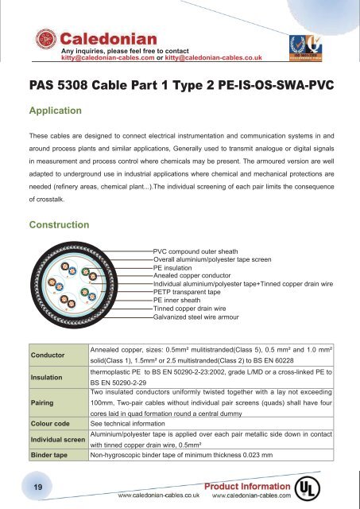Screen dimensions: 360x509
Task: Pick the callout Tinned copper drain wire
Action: click(194, 309)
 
